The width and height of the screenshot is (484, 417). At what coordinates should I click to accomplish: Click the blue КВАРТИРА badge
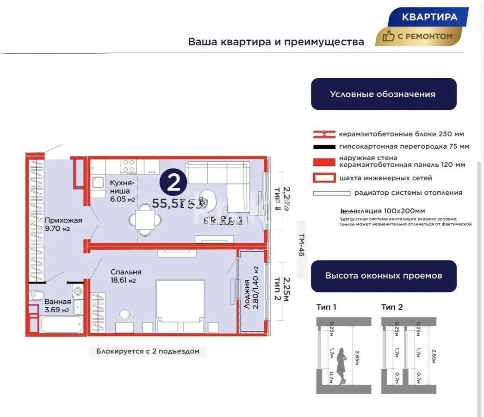point(429,18)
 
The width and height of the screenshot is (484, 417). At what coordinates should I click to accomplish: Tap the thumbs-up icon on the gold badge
point(388,36)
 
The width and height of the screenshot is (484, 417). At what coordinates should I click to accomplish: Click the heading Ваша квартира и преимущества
point(276,42)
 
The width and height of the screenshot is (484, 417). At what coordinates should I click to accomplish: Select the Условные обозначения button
point(383,94)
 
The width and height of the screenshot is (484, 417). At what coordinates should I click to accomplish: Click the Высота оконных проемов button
point(383,276)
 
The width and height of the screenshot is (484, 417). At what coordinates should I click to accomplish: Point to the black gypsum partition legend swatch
point(324,147)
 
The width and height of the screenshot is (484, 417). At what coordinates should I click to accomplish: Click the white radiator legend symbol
point(331,193)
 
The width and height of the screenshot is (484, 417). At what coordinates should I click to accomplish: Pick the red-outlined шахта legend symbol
point(324,178)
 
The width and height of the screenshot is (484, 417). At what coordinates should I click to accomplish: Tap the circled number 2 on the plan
point(173,183)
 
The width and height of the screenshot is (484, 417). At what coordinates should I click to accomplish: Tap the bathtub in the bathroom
point(62,324)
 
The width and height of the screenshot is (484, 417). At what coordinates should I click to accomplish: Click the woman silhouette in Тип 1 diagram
point(342,366)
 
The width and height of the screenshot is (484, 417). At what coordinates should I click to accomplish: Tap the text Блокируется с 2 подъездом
point(148,351)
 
